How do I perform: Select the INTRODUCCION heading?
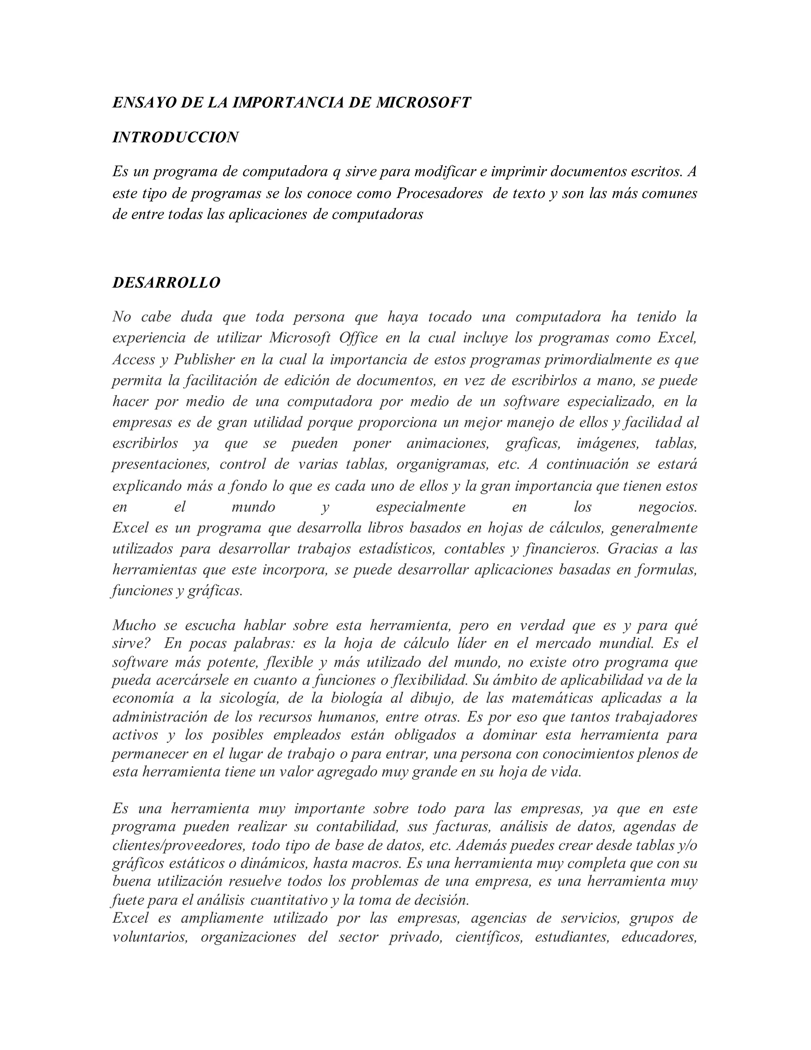pyautogui.click(x=175, y=137)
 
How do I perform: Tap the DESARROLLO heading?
pyautogui.click(x=166, y=283)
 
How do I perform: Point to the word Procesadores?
pyautogui.click(x=440, y=193)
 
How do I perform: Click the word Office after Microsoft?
pyautogui.click(x=358, y=338)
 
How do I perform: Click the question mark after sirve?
pyautogui.click(x=148, y=643)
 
